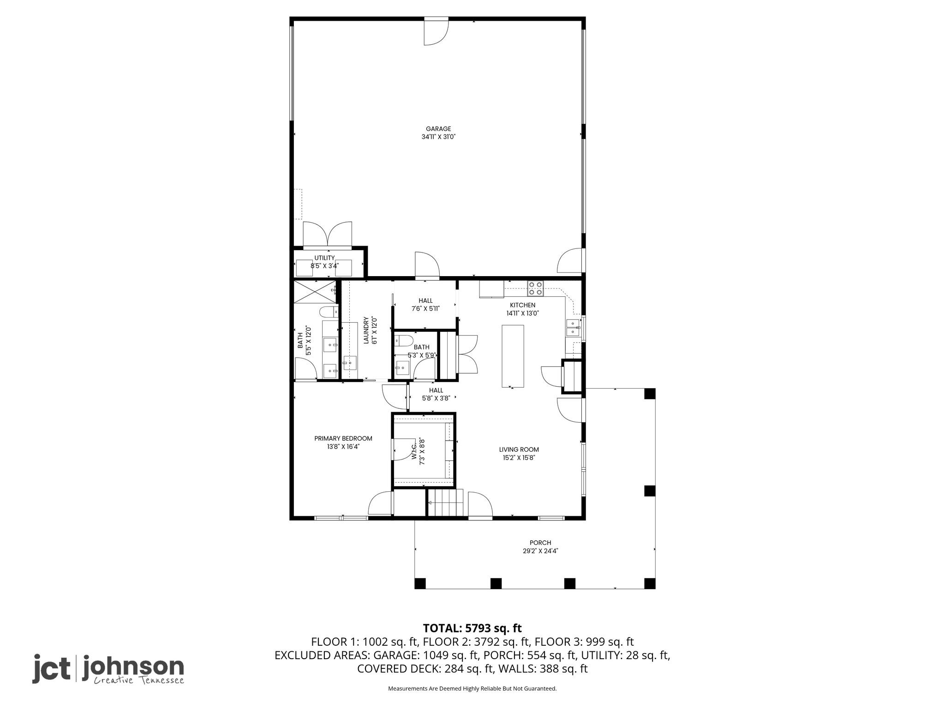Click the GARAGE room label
point(438,129)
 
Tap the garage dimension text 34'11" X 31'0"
point(438,137)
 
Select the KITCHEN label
point(523,305)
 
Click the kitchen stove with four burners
point(536,289)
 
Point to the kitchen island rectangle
point(513,356)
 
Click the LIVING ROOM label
point(519,449)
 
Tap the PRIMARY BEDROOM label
point(343,438)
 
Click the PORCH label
point(540,543)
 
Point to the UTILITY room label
point(325,258)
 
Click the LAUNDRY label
point(366,330)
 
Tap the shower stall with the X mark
point(315,292)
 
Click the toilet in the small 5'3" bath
point(405,342)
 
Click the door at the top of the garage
point(437,32)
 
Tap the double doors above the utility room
point(327,235)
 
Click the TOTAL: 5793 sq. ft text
point(472,628)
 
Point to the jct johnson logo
point(108,669)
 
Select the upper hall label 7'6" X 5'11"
point(425,308)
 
